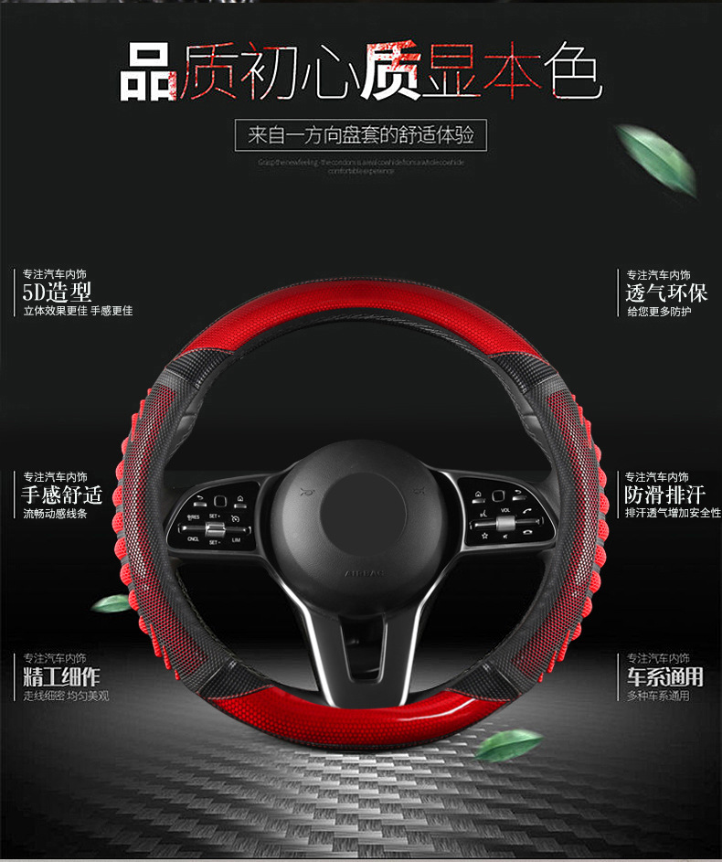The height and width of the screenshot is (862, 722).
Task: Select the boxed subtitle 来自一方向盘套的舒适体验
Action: point(361,135)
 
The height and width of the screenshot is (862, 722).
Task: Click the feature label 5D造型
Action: point(58,293)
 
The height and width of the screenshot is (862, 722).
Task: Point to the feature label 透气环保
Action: point(665,293)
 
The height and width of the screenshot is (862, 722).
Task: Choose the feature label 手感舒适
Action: point(61,495)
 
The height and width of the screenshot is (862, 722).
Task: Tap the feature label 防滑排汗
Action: point(665,495)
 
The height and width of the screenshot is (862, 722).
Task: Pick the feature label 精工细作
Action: point(61,676)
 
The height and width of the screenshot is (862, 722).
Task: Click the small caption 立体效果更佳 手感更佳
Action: point(78,312)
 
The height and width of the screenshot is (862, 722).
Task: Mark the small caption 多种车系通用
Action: point(658,696)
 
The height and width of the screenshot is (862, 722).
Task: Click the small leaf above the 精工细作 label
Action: point(111,603)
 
